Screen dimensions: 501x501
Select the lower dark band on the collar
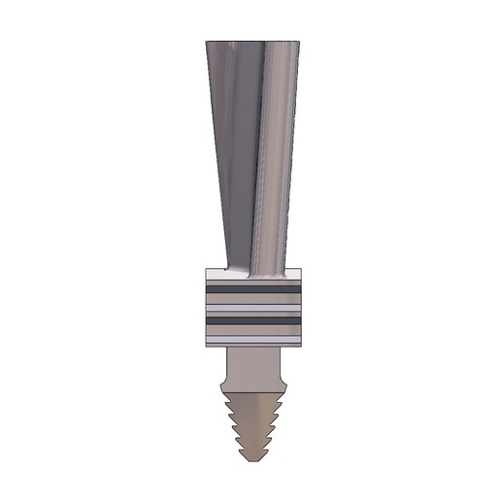(253, 319)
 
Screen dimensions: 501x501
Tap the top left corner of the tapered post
(208, 42)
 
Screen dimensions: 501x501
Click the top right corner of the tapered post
(300, 42)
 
